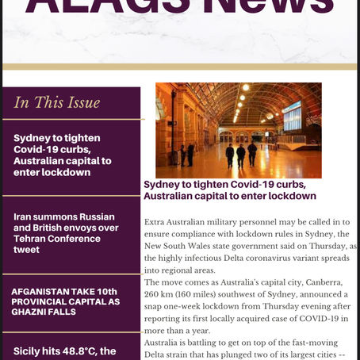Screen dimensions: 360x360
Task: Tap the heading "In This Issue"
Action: click(x=57, y=101)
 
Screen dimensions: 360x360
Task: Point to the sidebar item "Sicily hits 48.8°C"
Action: click(x=63, y=350)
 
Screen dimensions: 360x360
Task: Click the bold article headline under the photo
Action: click(x=230, y=190)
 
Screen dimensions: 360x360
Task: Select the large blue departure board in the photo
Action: click(x=292, y=117)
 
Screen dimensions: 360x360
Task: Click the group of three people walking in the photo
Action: click(x=241, y=154)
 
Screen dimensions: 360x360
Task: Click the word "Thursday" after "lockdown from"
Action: click(x=267, y=309)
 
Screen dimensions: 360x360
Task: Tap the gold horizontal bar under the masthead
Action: click(x=180, y=66)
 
